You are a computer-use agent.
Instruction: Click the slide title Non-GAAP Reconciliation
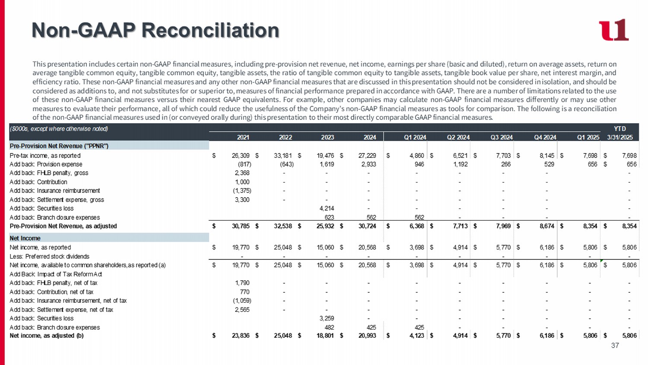156,30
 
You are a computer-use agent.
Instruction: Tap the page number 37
615,346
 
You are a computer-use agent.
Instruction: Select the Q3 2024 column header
501,138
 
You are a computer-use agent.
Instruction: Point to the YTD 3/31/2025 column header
620,133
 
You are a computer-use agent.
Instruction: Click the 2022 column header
285,138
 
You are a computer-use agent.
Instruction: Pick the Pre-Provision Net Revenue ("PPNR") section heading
59,146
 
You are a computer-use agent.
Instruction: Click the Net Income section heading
25,238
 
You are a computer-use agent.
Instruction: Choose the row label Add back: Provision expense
46,164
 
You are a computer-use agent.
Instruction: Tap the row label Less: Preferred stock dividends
49,256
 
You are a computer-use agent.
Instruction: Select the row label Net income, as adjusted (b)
47,336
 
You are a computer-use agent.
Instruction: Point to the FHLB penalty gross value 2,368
242,173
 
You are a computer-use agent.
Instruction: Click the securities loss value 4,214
327,208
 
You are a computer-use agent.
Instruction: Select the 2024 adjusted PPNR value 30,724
367,226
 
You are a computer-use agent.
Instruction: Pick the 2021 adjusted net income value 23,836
241,336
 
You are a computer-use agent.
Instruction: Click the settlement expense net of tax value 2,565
242,310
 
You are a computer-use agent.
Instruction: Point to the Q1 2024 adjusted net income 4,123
416,336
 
